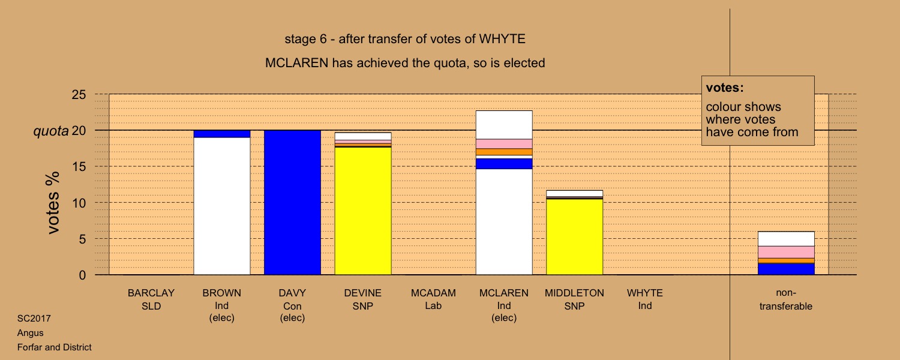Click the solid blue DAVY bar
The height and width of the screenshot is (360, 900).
coord(292,203)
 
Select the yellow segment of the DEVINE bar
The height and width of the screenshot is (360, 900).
coord(363,211)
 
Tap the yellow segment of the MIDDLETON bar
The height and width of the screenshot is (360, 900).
coord(575,237)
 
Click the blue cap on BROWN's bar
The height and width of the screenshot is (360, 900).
coord(222,134)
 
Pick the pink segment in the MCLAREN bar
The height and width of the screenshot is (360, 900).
coord(504,144)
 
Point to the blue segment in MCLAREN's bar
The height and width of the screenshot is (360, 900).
coord(504,164)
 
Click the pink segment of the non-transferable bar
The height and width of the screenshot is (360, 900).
coord(786,252)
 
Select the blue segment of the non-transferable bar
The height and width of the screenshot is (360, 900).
coord(786,269)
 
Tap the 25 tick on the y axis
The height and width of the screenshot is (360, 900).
coord(79,94)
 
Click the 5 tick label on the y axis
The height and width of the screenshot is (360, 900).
coord(82,239)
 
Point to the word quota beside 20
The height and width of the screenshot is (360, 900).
coord(51,131)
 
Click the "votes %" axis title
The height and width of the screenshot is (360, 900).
coord(53,203)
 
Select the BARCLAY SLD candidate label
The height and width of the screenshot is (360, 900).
coord(151,299)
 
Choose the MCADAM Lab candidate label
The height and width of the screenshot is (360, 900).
coord(433,299)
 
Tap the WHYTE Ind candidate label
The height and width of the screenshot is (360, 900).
coord(645,299)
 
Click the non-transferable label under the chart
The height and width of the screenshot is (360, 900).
coord(786,299)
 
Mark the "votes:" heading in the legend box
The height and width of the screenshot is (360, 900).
coord(725,88)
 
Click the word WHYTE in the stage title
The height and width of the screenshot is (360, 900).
coord(502,39)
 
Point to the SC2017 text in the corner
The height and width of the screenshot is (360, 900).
coord(34,319)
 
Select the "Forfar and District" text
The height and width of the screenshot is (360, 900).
coord(54,347)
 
